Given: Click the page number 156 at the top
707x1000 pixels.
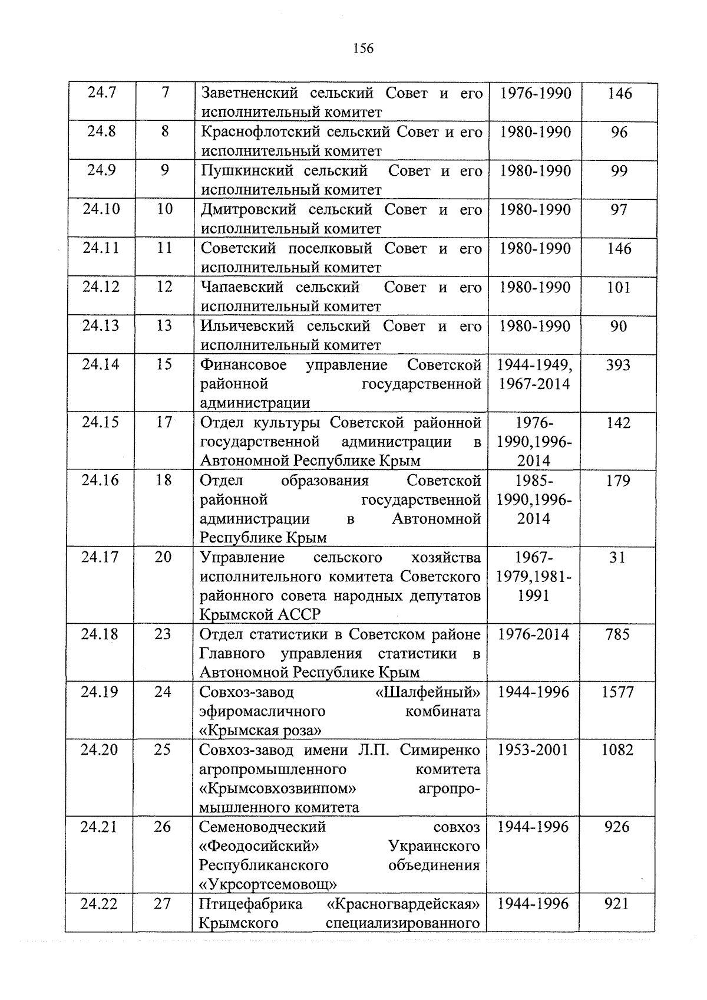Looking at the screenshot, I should pyautogui.click(x=363, y=48).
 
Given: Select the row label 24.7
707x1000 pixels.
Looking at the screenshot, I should pyautogui.click(x=102, y=93).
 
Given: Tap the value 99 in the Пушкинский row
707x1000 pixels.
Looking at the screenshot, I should pyautogui.click(x=619, y=171).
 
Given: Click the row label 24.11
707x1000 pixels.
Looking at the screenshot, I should pyautogui.click(x=101, y=248).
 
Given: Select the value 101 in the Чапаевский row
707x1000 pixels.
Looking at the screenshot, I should pyautogui.click(x=619, y=288).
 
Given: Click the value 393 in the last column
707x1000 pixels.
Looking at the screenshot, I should pyautogui.click(x=618, y=366).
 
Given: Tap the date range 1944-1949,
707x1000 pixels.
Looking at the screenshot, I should pyautogui.click(x=535, y=366).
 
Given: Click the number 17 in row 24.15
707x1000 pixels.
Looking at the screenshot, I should pyautogui.click(x=164, y=423).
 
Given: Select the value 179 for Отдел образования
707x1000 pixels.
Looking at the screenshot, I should pyautogui.click(x=618, y=481).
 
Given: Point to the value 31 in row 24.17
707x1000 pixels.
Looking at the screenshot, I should pyautogui.click(x=617, y=557).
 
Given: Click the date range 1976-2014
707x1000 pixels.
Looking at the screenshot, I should pyautogui.click(x=534, y=634).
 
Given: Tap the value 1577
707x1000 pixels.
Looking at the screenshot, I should pyautogui.click(x=617, y=692).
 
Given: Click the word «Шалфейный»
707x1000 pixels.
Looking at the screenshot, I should pyautogui.click(x=427, y=692).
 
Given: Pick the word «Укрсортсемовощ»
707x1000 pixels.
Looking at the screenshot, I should pyautogui.click(x=268, y=884).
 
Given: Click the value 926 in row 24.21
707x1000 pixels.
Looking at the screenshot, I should pyautogui.click(x=617, y=827).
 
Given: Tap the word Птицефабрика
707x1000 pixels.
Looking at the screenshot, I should pyautogui.click(x=250, y=904).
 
